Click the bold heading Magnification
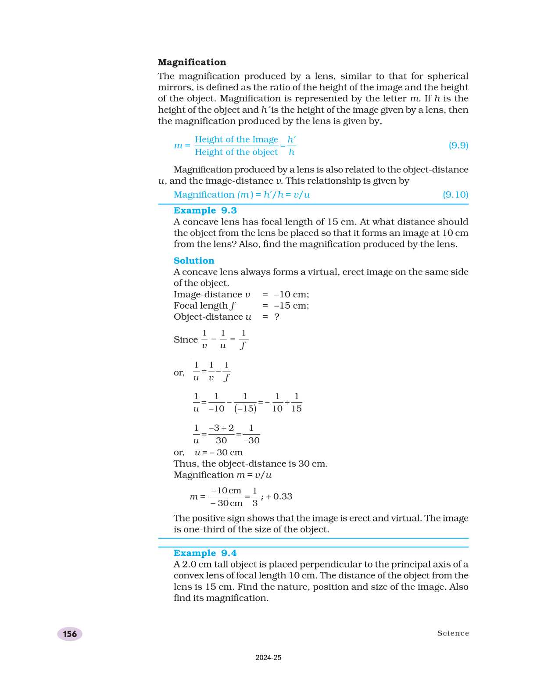point(192,62)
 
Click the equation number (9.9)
point(458,145)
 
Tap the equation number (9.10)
point(455,195)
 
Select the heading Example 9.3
point(205,210)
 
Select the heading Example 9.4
point(205,553)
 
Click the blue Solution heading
point(193,260)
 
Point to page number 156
point(70,634)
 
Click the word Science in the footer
point(453,633)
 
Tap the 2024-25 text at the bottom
point(268,657)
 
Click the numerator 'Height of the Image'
point(236,139)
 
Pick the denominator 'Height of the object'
point(236,152)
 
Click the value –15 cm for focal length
point(291,306)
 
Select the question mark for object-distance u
point(276,317)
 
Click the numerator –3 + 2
point(221,428)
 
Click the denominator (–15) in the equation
point(245,409)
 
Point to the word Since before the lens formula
point(186,340)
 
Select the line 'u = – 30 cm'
point(218,453)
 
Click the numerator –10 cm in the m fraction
point(226,491)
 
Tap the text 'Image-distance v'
point(211,294)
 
